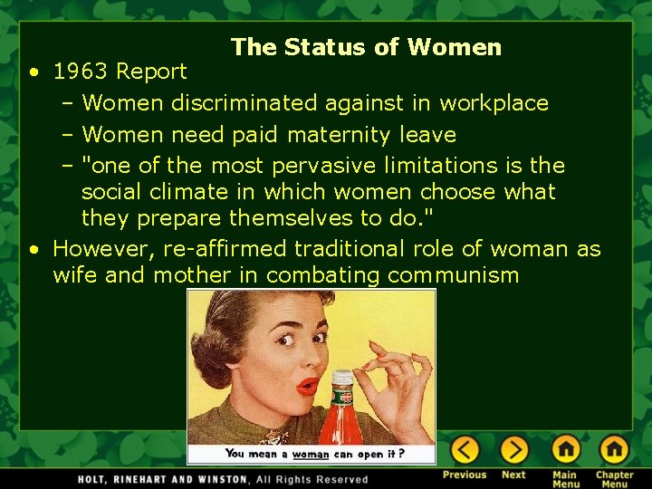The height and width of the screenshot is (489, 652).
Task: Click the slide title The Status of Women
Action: pos(366,47)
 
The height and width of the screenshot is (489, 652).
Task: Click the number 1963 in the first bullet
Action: pos(82,71)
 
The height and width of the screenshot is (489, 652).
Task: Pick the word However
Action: pos(102,248)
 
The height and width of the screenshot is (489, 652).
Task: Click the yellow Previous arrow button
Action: pos(465,449)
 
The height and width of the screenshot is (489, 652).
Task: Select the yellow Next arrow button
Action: pos(513,449)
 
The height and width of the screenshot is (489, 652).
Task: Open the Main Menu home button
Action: pos(566,449)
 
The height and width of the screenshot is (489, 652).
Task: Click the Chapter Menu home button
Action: pos(614,449)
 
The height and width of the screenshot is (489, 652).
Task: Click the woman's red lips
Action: pos(308,386)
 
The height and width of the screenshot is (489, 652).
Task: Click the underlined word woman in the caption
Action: pos(311,454)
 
